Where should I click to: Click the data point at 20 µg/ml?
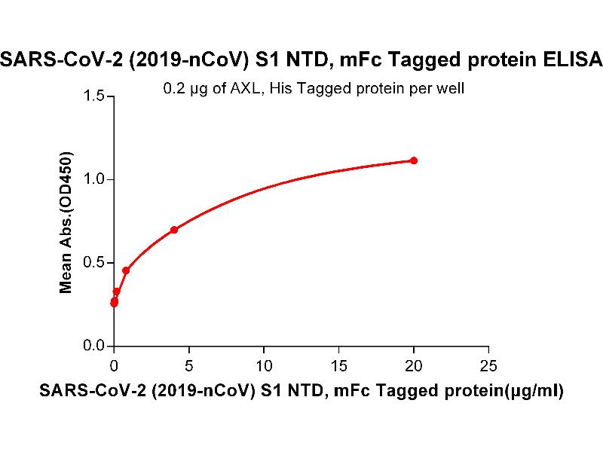click(x=414, y=160)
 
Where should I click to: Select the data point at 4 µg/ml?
click(x=174, y=230)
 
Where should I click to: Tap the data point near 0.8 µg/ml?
click(x=126, y=270)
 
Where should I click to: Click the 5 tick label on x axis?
click(x=188, y=366)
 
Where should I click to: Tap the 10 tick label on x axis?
click(x=264, y=366)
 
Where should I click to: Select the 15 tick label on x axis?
click(x=338, y=366)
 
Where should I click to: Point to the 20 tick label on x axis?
click(x=413, y=366)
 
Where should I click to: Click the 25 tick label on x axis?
click(x=488, y=366)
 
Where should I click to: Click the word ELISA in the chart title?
click(x=576, y=60)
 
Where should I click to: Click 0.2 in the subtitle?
click(x=173, y=89)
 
